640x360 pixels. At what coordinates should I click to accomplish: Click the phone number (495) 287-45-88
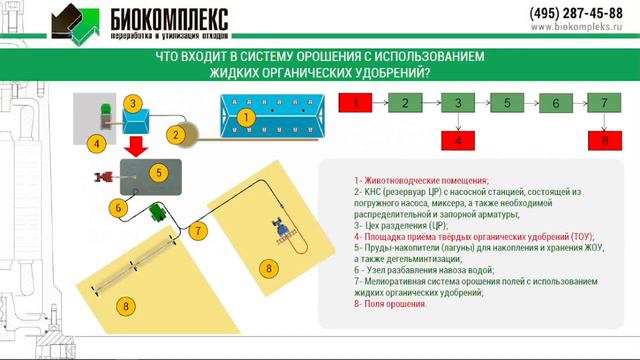(575, 13)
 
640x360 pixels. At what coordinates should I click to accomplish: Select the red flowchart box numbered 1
(357, 103)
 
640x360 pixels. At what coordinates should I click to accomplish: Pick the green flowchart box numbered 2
(406, 103)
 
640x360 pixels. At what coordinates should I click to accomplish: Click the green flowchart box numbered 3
(458, 103)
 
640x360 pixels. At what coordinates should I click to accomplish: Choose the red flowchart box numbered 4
(458, 141)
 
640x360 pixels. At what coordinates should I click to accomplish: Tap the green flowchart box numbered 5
(507, 103)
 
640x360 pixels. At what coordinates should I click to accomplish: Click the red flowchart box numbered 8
(604, 141)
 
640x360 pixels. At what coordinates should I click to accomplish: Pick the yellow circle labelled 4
(96, 144)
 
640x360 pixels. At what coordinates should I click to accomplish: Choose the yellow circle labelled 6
(118, 209)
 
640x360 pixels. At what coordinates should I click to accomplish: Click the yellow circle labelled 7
(199, 231)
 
